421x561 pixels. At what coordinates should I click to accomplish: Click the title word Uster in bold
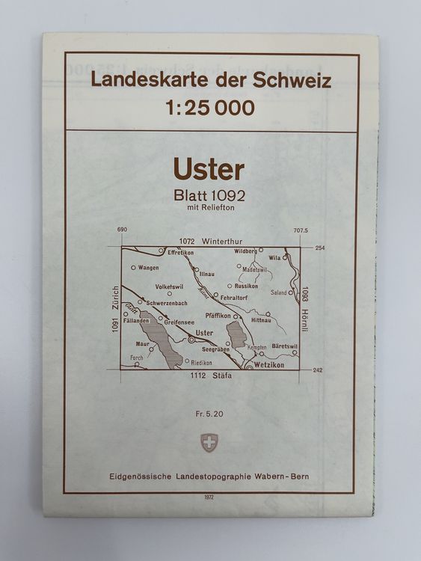(209, 169)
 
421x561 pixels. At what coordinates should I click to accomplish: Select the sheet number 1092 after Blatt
(227, 197)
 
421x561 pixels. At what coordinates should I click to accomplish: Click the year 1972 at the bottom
(209, 497)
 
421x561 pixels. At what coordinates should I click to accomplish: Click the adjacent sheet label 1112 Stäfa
(211, 375)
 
